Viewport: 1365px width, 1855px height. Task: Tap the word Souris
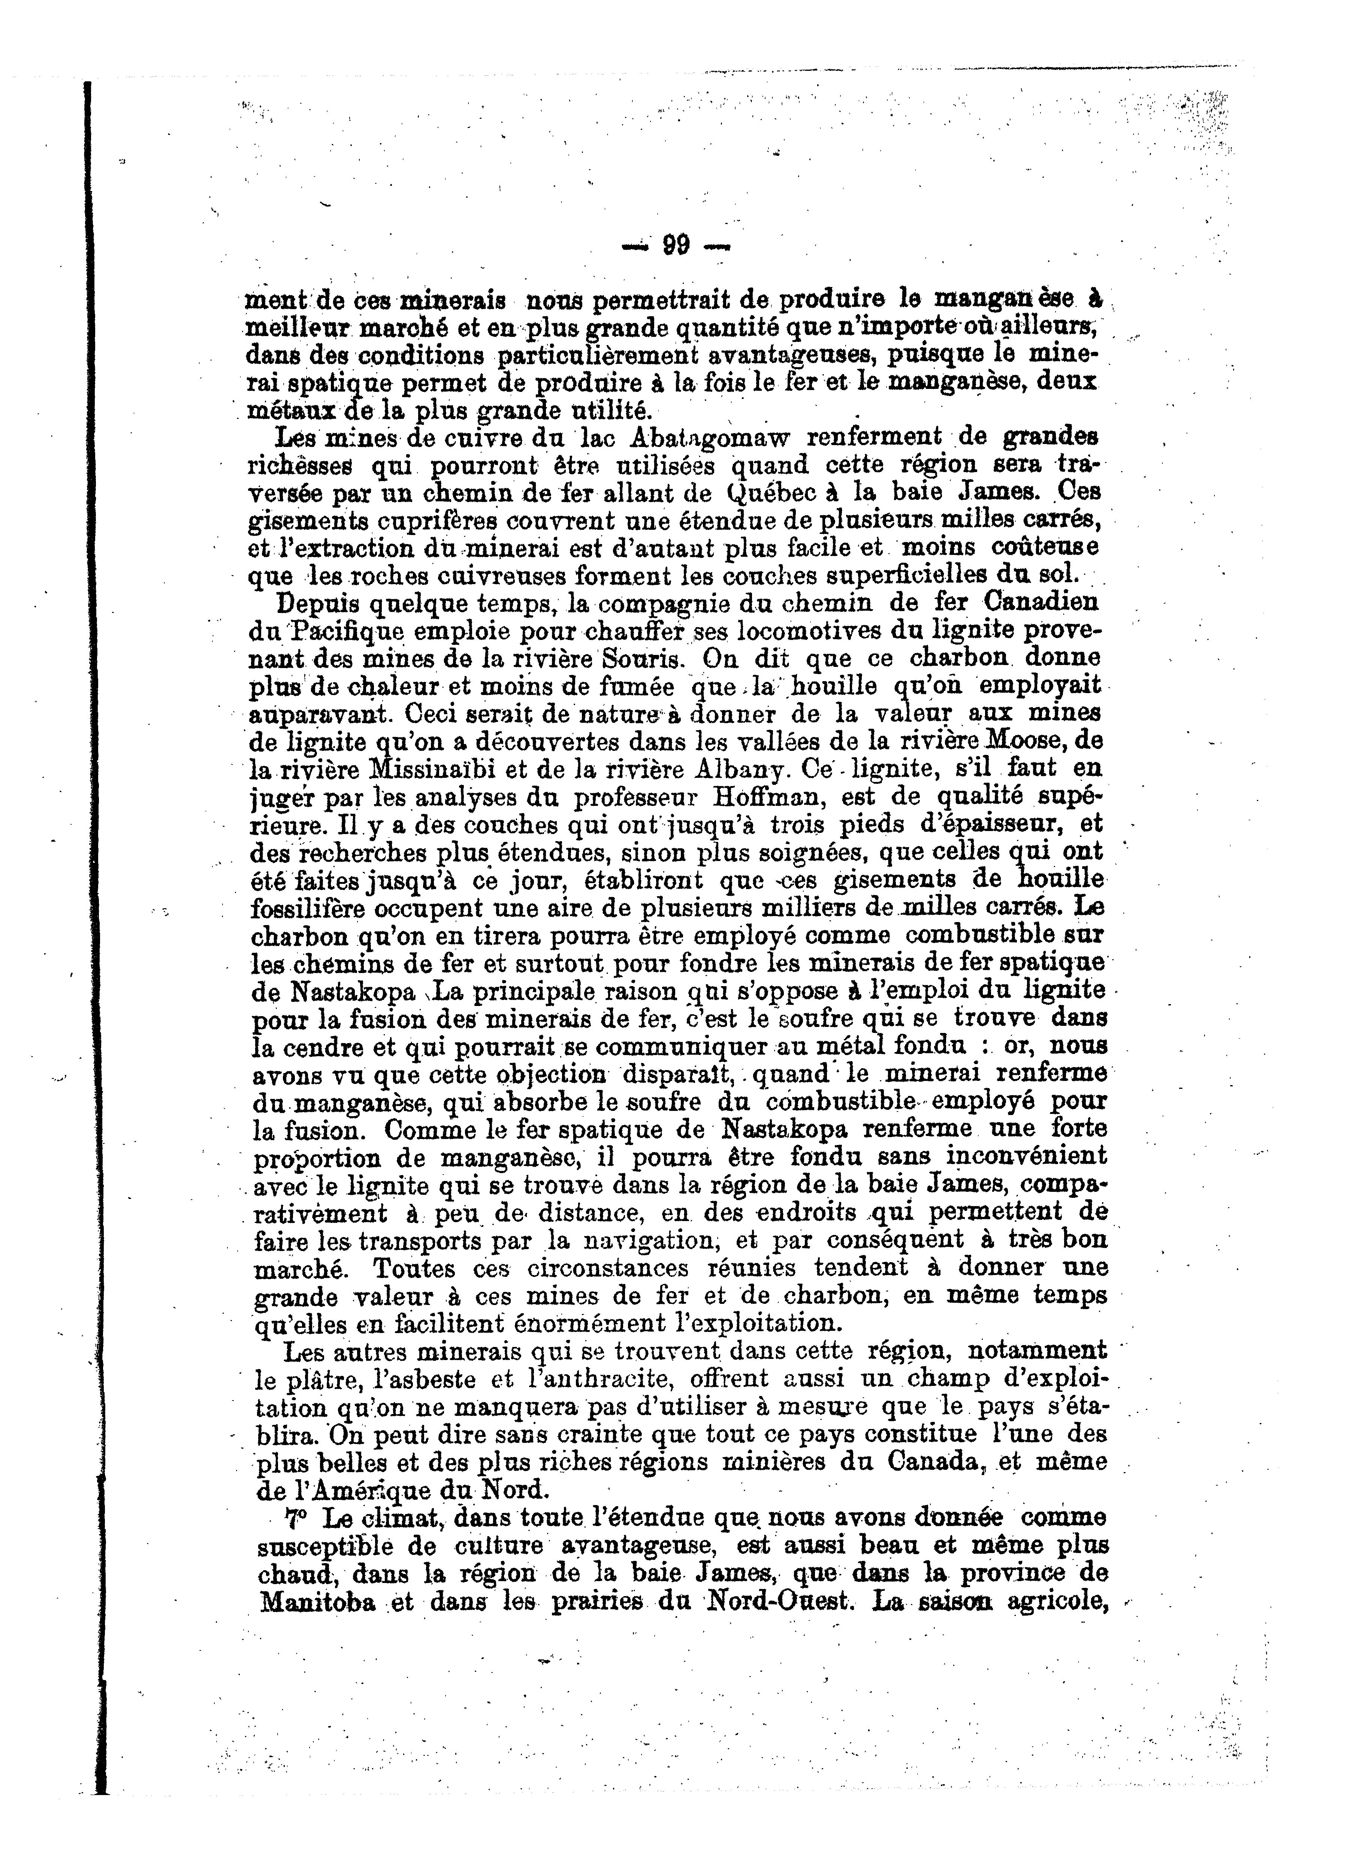click(642, 659)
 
